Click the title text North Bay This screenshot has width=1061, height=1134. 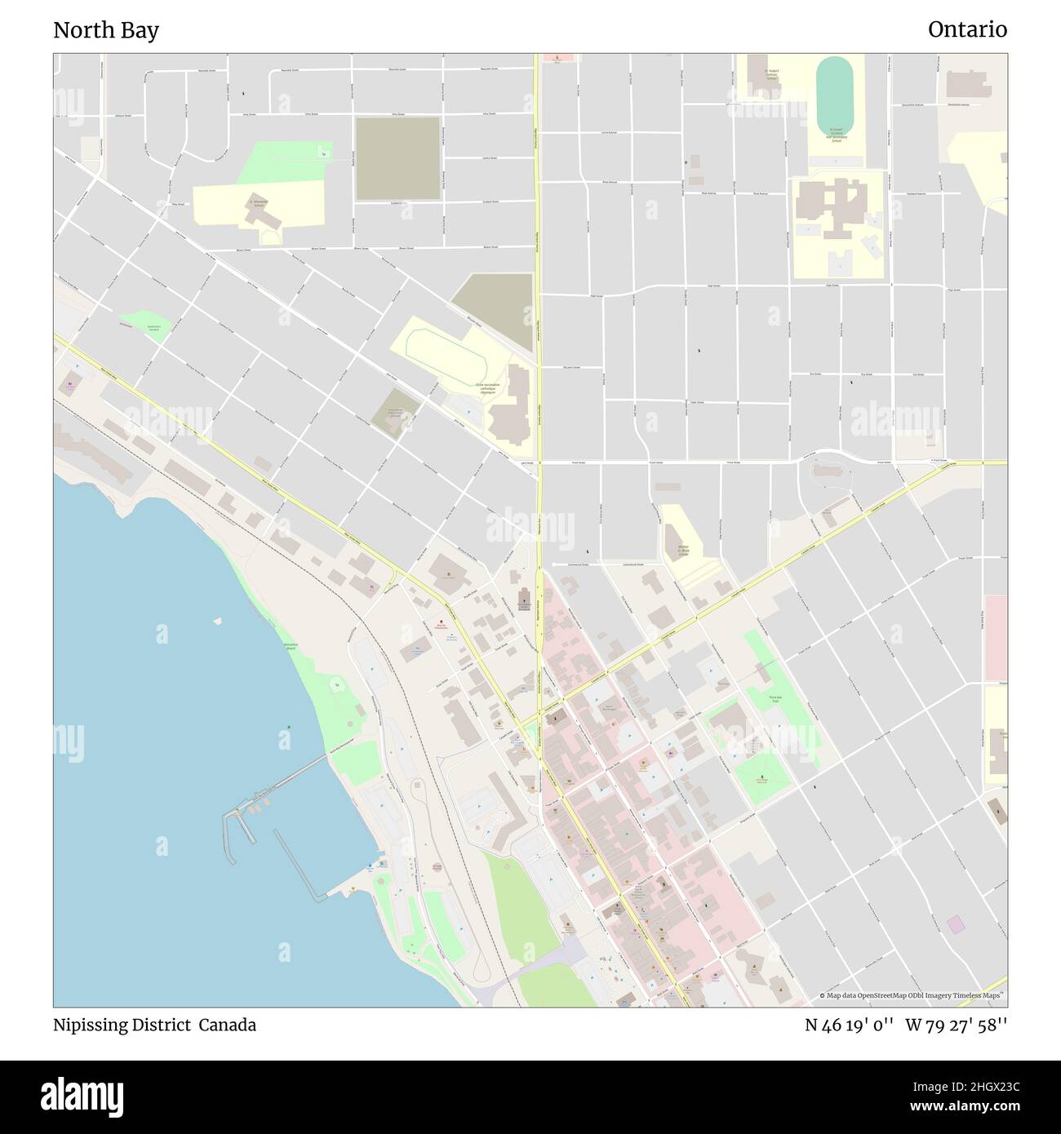pyautogui.click(x=106, y=30)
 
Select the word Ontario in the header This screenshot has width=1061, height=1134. pyautogui.click(x=967, y=29)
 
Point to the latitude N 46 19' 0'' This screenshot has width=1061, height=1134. pyautogui.click(x=848, y=1025)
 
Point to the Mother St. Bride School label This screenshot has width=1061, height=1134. pyautogui.click(x=682, y=549)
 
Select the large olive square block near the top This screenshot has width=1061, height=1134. pyautogui.click(x=397, y=158)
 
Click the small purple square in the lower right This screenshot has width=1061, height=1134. pyautogui.click(x=956, y=924)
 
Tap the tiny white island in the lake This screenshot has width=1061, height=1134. pyautogui.click(x=217, y=621)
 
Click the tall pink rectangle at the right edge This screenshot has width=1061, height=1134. pyautogui.click(x=995, y=637)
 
